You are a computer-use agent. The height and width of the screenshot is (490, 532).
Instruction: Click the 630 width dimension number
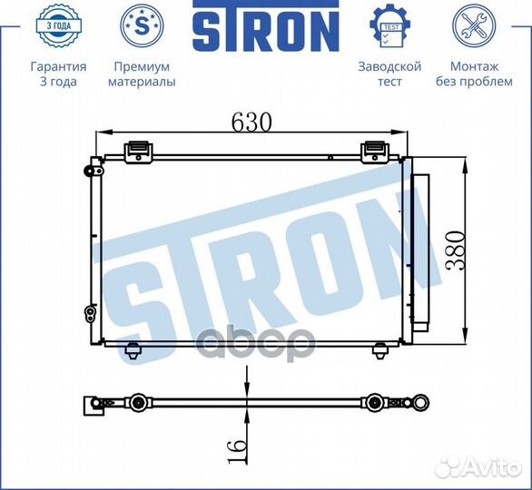251,122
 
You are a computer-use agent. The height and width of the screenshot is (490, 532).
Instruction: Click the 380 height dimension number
455,250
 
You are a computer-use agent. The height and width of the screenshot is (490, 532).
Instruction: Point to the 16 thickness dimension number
237,451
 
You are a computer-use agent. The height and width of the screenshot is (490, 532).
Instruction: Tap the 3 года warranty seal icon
59,25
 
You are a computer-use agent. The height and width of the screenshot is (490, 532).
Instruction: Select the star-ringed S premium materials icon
142,25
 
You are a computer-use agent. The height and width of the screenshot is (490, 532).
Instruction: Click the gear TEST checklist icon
389,25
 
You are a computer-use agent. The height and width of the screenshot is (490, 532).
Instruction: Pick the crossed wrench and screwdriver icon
474,25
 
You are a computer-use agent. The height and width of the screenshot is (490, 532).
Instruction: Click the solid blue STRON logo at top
266,25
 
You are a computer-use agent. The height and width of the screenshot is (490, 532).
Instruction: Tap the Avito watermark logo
478,467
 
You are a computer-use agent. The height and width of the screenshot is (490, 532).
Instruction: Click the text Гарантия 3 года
58,73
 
